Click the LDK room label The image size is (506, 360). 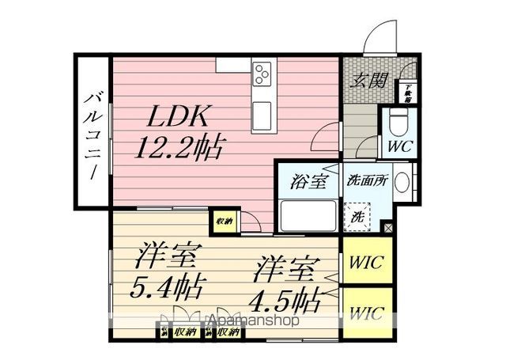[176, 118]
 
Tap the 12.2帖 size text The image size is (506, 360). [181, 146]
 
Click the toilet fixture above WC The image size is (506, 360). [398, 120]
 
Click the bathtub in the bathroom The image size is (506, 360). [306, 214]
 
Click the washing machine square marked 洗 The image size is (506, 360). [357, 214]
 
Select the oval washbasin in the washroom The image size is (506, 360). [402, 183]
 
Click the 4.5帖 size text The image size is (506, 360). [285, 300]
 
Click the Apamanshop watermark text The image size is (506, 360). [251, 322]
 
